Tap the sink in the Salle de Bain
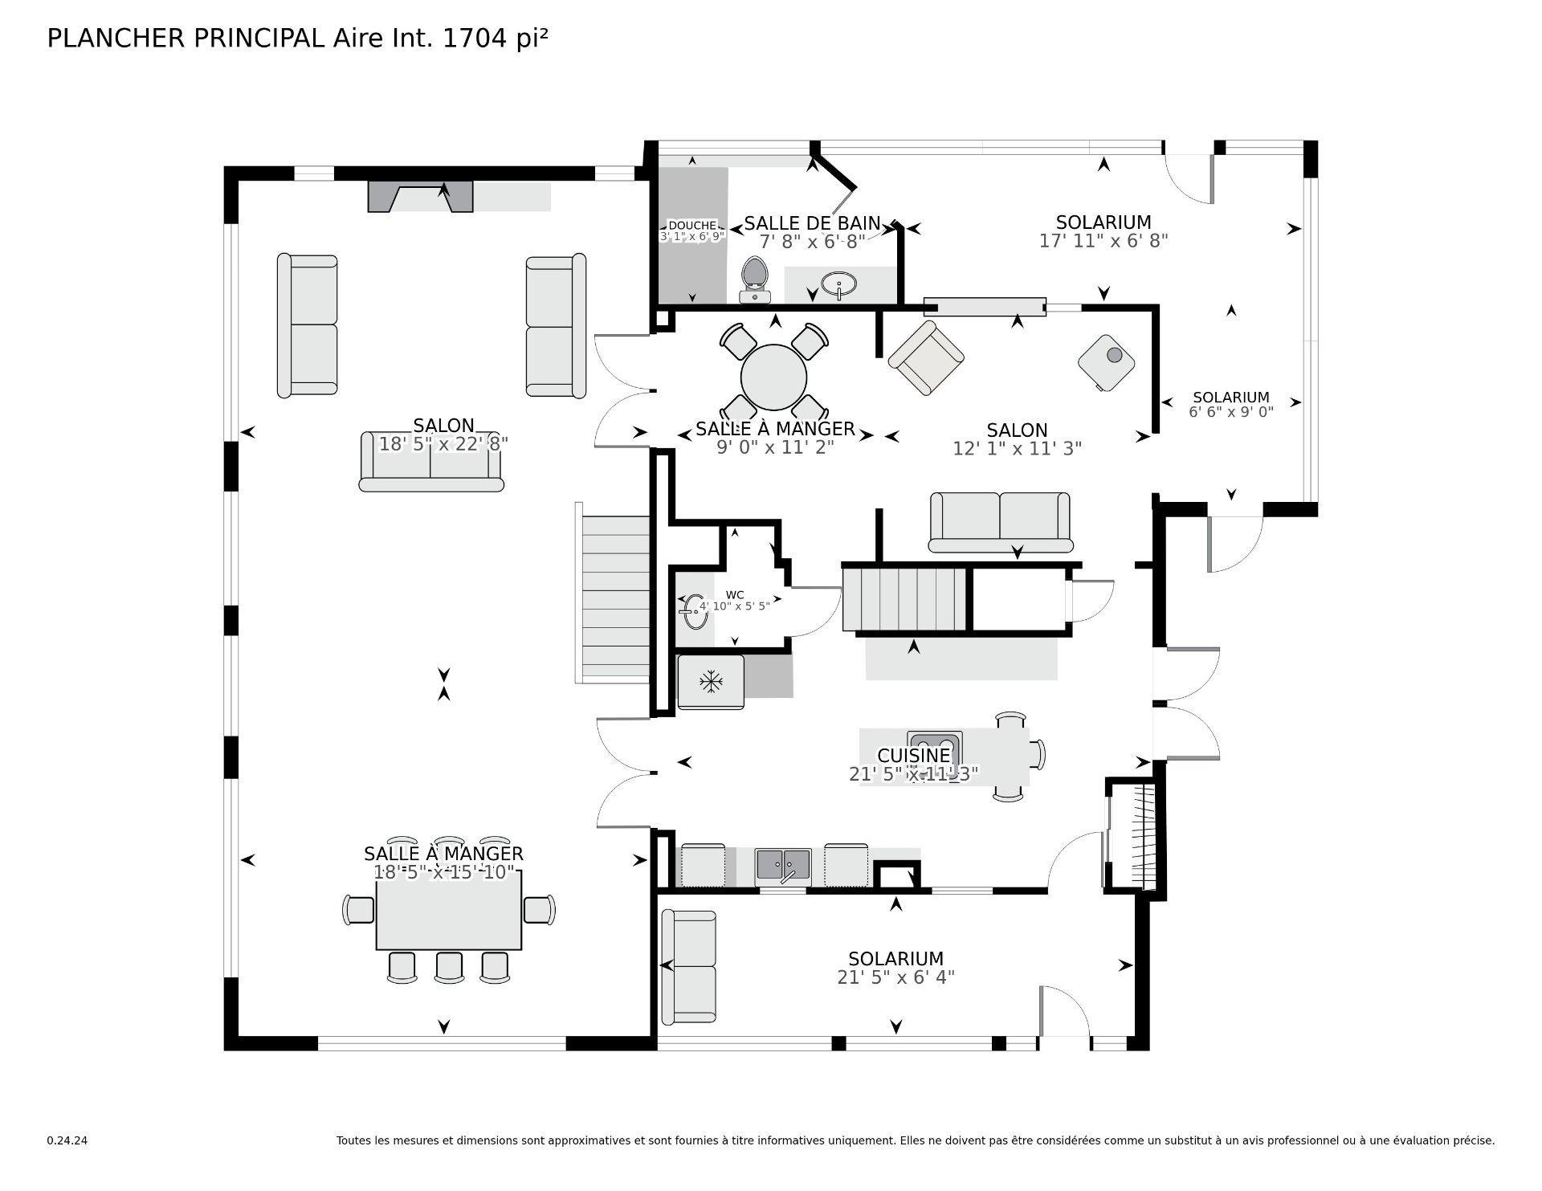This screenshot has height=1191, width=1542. pyautogui.click(x=838, y=283)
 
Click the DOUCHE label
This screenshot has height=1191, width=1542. pyautogui.click(x=691, y=226)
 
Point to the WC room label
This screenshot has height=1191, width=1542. pyautogui.click(x=734, y=595)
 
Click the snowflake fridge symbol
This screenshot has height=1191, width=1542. pyautogui.click(x=711, y=683)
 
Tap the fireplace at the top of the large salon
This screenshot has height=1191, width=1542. pyautogui.click(x=420, y=196)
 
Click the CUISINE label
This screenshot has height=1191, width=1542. pyautogui.click(x=913, y=756)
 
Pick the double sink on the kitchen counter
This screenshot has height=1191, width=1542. pyautogui.click(x=783, y=866)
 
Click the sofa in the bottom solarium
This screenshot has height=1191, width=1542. pyautogui.click(x=689, y=966)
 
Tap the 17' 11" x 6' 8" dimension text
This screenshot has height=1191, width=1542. pyautogui.click(x=1103, y=241)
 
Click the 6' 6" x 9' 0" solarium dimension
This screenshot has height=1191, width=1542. pyautogui.click(x=1230, y=412)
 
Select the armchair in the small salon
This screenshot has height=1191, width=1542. pyautogui.click(x=925, y=357)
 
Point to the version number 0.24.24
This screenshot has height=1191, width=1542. pyautogui.click(x=67, y=1140)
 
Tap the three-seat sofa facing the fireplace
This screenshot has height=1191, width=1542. pyautogui.click(x=430, y=461)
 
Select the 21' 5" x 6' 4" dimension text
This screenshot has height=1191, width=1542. pyautogui.click(x=895, y=977)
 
